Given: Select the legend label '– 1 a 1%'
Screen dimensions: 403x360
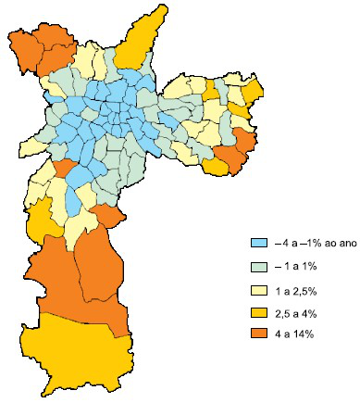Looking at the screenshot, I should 296,266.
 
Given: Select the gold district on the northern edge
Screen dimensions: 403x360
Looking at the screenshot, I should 135,42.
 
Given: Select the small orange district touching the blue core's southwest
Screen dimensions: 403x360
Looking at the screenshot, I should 63,170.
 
